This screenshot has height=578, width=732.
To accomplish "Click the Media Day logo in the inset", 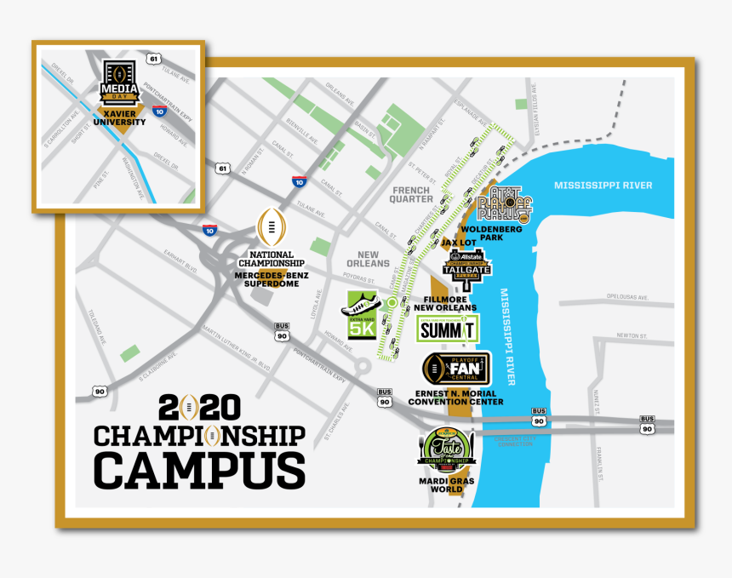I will coord(119,83).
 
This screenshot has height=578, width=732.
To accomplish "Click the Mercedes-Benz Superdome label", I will coord(272,278).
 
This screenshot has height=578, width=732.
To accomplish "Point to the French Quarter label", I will coord(412,195).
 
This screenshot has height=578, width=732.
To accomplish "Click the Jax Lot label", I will coord(459,243).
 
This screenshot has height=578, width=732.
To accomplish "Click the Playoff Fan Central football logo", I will coord(456,368).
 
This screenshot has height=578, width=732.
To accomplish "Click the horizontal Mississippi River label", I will coord(603,186).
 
